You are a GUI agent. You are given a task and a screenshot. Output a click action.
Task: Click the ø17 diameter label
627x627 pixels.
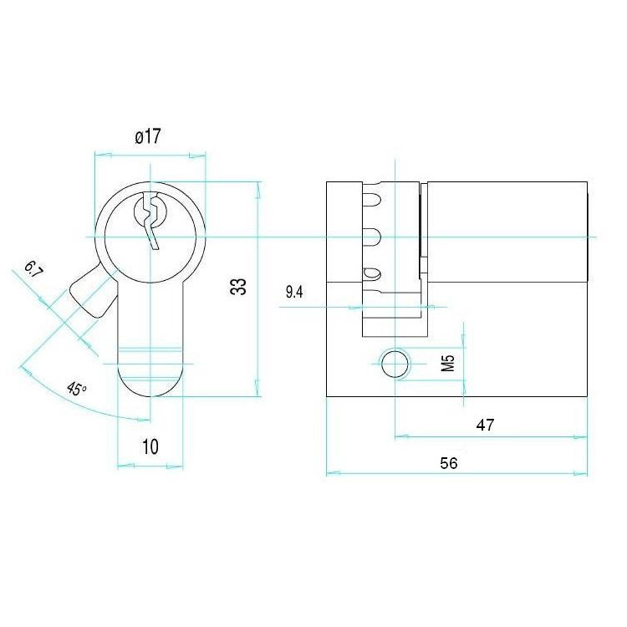pos(148,136)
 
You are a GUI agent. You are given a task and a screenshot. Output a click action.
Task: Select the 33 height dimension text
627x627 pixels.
pos(239,286)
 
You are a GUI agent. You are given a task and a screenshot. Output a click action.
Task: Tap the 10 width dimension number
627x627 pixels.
pos(150,446)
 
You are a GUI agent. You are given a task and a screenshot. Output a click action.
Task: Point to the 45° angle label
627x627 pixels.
pos(76,388)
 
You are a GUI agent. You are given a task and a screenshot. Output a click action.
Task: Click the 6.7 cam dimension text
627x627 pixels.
pos(33,269)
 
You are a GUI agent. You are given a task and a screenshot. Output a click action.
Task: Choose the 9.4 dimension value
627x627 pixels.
pos(294,293)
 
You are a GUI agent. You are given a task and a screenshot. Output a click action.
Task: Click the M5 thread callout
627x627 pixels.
pos(449,363)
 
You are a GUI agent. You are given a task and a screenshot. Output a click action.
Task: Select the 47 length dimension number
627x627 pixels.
pos(485,425)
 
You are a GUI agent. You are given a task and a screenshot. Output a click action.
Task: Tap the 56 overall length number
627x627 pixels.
pos(449,463)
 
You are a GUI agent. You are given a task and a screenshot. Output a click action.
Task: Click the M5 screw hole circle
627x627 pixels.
pos(395,364)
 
